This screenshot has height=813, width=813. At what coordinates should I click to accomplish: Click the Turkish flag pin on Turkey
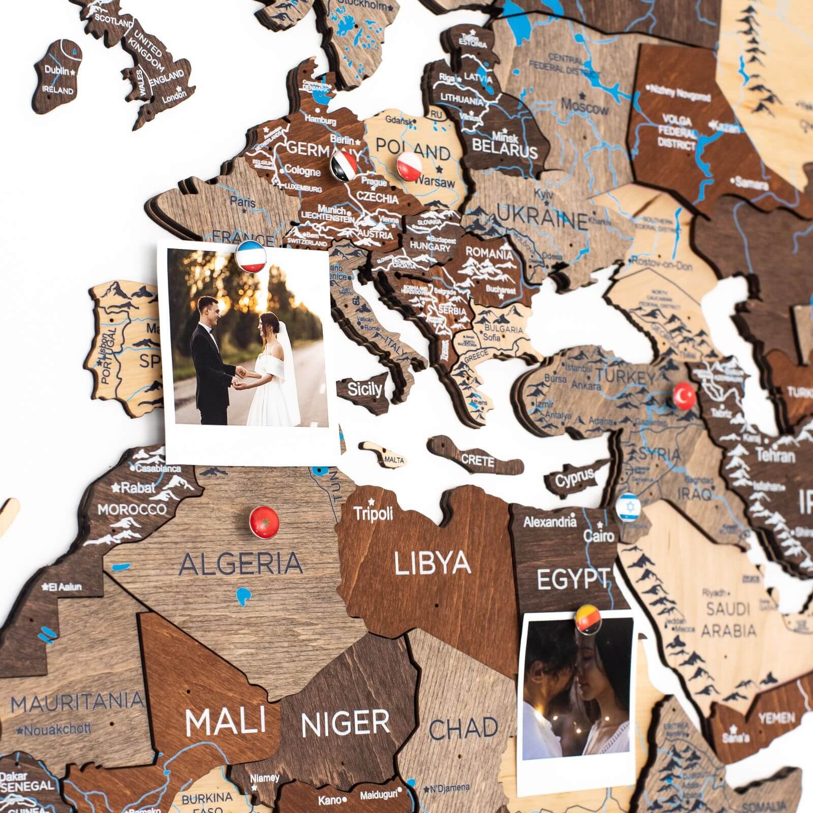(684, 394)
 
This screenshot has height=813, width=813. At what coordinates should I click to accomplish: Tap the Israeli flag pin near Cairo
(629, 506)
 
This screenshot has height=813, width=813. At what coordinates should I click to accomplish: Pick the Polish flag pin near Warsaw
(409, 166)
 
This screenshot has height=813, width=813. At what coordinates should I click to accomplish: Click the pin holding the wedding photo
(249, 257)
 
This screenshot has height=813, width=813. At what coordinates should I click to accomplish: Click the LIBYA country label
(432, 563)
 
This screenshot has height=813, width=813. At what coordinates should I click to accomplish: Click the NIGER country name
(345, 724)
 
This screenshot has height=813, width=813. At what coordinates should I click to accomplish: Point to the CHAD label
(463, 729)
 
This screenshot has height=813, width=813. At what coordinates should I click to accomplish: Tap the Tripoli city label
(373, 513)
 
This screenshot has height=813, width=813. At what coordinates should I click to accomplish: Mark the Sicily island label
(364, 390)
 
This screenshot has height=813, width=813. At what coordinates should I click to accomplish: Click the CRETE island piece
(478, 460)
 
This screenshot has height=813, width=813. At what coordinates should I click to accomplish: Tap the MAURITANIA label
(77, 703)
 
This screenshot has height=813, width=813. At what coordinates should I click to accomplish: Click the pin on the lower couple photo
(588, 619)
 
